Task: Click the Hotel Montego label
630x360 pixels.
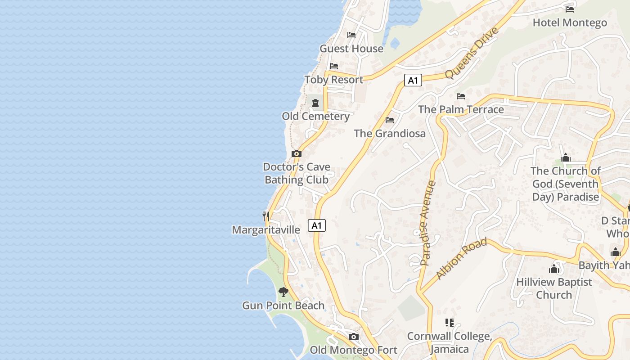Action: [570, 22]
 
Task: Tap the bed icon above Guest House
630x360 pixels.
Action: [351, 35]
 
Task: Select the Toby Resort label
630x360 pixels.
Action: [333, 80]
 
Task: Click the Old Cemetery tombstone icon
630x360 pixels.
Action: [315, 103]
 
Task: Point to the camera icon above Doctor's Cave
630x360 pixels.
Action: [296, 153]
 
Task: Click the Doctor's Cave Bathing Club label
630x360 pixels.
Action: [297, 173]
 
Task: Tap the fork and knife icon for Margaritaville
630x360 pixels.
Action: [266, 216]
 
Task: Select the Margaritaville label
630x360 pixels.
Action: [266, 230]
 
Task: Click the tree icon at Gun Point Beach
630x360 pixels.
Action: [283, 292]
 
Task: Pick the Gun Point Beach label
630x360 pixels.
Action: [283, 306]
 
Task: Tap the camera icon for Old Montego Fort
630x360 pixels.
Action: [354, 337]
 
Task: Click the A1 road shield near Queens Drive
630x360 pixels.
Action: [413, 81]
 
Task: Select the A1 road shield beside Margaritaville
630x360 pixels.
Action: [317, 225]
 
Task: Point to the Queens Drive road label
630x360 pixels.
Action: [472, 53]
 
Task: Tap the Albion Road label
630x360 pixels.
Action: [461, 259]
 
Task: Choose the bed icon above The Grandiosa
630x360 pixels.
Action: [390, 120]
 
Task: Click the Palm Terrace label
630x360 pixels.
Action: [461, 109]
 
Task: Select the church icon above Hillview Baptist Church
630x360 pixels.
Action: [554, 269]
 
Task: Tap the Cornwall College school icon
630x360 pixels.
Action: [449, 323]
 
